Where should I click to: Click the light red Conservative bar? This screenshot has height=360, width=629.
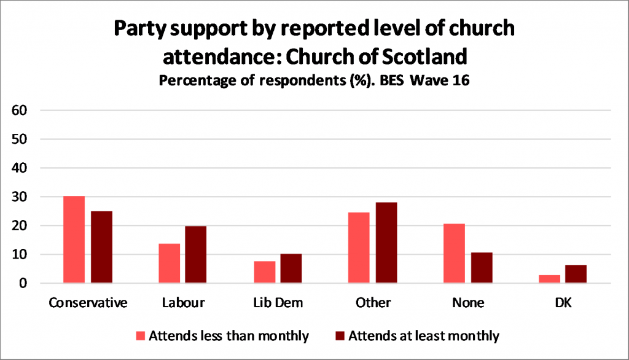coord(74,240)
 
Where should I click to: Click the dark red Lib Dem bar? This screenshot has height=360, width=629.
coord(291,268)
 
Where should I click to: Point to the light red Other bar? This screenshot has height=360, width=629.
coord(359,248)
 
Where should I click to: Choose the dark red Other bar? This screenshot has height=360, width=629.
coord(386,243)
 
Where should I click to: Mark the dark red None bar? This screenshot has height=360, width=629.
coord(481,268)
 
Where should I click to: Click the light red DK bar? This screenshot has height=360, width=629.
coord(549,279)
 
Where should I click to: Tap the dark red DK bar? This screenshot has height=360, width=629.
coord(576,274)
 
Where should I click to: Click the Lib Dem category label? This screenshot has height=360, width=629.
coord(278,303)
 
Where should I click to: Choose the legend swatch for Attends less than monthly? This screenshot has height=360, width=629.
coord(141,336)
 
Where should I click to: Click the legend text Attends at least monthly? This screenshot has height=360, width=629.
coord(424,335)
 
